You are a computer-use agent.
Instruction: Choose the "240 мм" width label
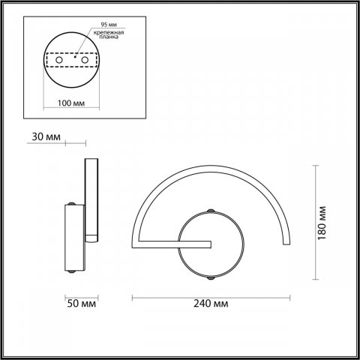coord(211,304)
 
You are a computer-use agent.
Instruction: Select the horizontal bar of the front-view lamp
coord(172,244)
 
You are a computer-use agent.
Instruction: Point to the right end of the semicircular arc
coord(286,241)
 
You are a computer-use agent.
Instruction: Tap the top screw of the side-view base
coord(72,203)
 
